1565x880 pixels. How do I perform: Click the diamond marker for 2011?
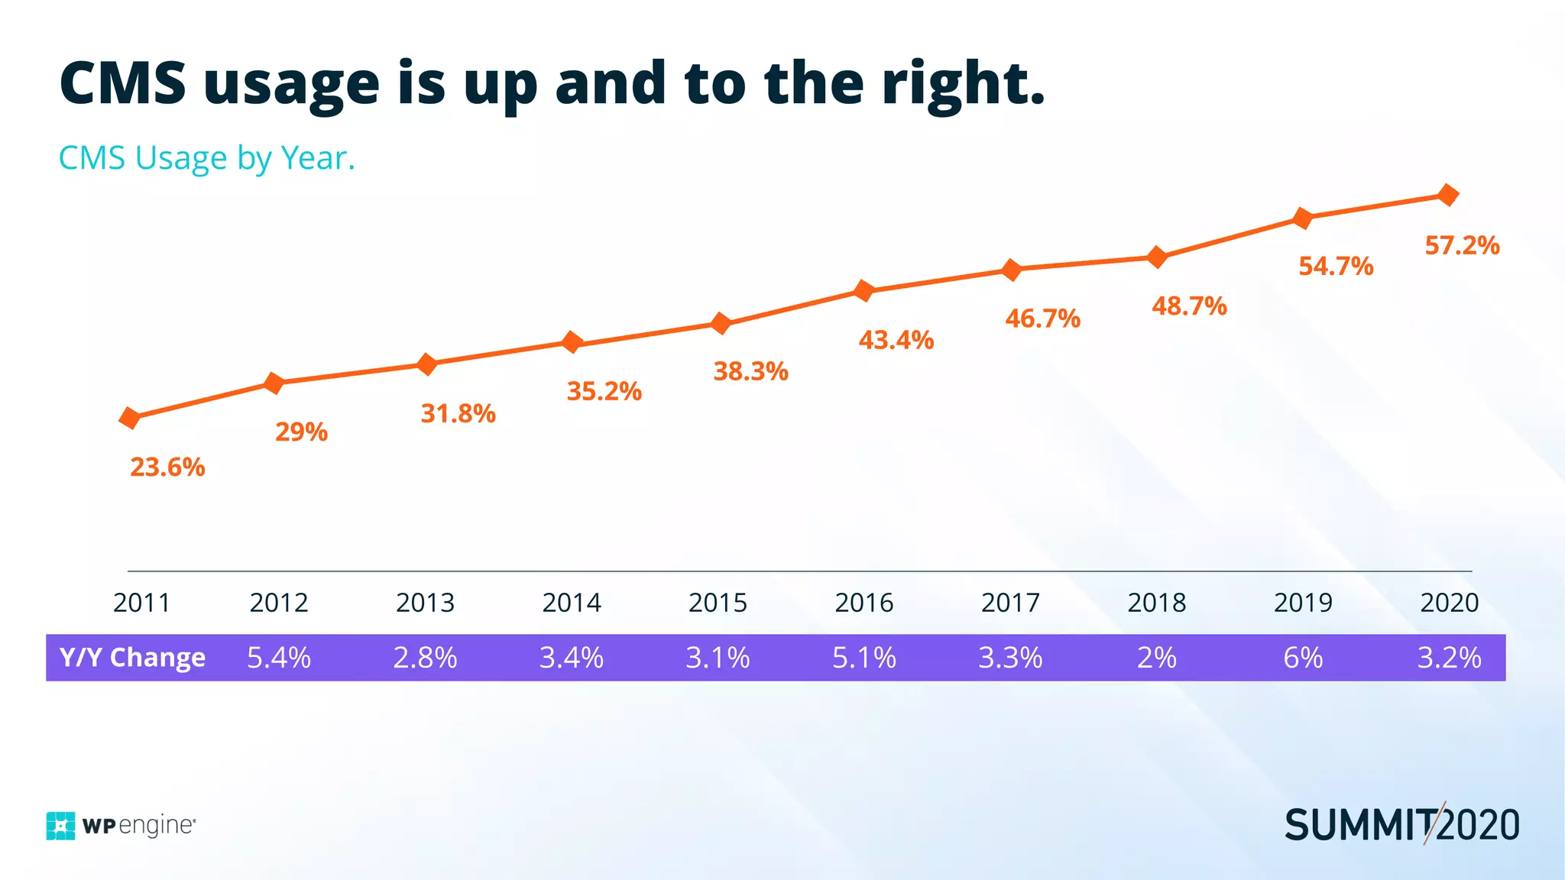[x=130, y=418]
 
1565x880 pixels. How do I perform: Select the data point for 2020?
[x=1447, y=195]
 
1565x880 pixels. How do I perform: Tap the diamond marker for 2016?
[x=864, y=290]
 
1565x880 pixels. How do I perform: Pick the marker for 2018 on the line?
[x=1157, y=257]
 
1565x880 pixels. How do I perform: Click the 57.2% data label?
[x=1462, y=246]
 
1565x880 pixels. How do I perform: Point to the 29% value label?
[x=301, y=432]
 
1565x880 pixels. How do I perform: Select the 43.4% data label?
[x=896, y=340]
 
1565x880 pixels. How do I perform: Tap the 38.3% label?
[x=750, y=371]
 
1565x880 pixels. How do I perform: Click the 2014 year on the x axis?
[x=572, y=603]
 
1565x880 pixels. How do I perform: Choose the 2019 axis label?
[x=1303, y=603]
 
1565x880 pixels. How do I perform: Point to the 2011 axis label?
[x=141, y=603]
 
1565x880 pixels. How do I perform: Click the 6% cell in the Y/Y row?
[x=1303, y=658]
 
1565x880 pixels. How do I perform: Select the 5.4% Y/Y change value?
[x=278, y=658]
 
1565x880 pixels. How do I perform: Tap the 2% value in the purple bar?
[x=1156, y=658]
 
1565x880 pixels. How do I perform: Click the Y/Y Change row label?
[x=132, y=658]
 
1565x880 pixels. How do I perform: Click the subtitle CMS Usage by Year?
[x=206, y=158]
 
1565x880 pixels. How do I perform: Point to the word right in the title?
[x=963, y=84]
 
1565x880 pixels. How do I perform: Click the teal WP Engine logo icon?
[x=60, y=826]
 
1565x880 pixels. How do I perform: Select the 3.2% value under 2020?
[x=1449, y=658]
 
